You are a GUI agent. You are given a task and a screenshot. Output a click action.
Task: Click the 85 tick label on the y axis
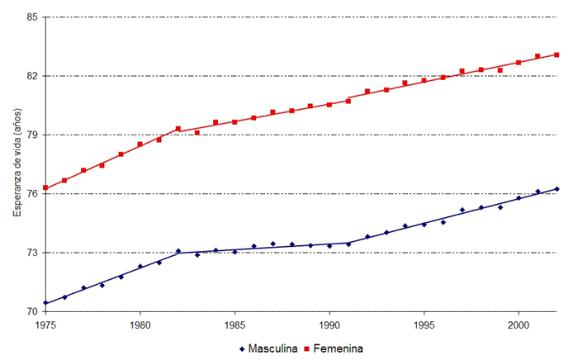pyautogui.click(x=34, y=17)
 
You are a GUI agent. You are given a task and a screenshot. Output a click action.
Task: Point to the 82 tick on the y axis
pyautogui.click(x=34, y=76)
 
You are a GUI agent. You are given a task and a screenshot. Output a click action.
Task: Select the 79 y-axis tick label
pyautogui.click(x=34, y=135)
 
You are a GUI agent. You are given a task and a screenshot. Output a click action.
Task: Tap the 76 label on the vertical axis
pyautogui.click(x=34, y=194)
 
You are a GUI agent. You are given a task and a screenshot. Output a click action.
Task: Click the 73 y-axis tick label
pyautogui.click(x=34, y=253)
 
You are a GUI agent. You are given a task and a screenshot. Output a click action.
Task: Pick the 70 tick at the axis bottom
pyautogui.click(x=34, y=312)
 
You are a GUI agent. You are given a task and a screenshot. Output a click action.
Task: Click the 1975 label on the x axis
pyautogui.click(x=45, y=324)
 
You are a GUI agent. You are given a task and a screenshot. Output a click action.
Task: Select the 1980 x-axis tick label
pyautogui.click(x=140, y=324)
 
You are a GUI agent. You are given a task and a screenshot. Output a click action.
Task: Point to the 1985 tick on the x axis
pyautogui.click(x=235, y=324)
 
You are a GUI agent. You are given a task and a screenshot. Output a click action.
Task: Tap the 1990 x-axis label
pyautogui.click(x=329, y=324)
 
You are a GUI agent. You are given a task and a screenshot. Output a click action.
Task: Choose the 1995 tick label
pyautogui.click(x=424, y=324)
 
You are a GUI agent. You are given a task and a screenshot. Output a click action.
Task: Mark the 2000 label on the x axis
pyautogui.click(x=519, y=324)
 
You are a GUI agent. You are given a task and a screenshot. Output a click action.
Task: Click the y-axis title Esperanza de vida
pyautogui.click(x=17, y=165)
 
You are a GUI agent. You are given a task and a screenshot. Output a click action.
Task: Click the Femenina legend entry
pyautogui.click(x=334, y=348)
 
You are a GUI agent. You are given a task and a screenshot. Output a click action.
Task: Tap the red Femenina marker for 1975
pyautogui.click(x=45, y=188)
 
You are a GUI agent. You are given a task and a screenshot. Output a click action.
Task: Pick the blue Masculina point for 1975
pyautogui.click(x=45, y=303)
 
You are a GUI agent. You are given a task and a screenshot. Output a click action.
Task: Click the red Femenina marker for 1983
pyautogui.click(x=197, y=133)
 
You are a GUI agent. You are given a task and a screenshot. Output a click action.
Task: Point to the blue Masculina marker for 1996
pyautogui.click(x=443, y=222)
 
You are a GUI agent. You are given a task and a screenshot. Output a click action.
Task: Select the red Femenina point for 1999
pyautogui.click(x=500, y=70)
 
